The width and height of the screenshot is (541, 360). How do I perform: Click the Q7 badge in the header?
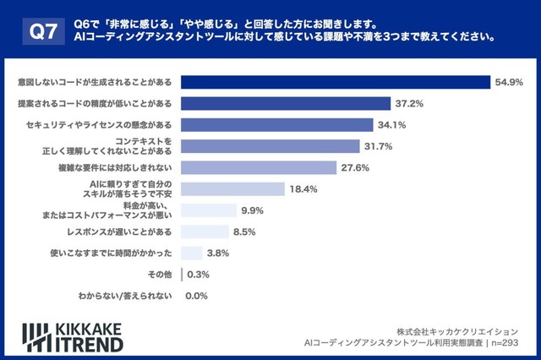[x=42, y=32]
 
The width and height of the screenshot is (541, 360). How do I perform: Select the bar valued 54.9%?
[x=336, y=82]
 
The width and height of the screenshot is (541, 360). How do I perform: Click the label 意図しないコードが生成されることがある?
[x=94, y=82]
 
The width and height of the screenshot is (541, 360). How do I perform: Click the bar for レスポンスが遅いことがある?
[x=205, y=232]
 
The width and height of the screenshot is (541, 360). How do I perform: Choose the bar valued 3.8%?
[x=191, y=253]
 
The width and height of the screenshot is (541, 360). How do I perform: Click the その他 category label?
[x=161, y=275]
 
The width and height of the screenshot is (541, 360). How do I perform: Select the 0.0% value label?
[x=196, y=296]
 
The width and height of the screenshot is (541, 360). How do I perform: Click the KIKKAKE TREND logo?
[x=73, y=336]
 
